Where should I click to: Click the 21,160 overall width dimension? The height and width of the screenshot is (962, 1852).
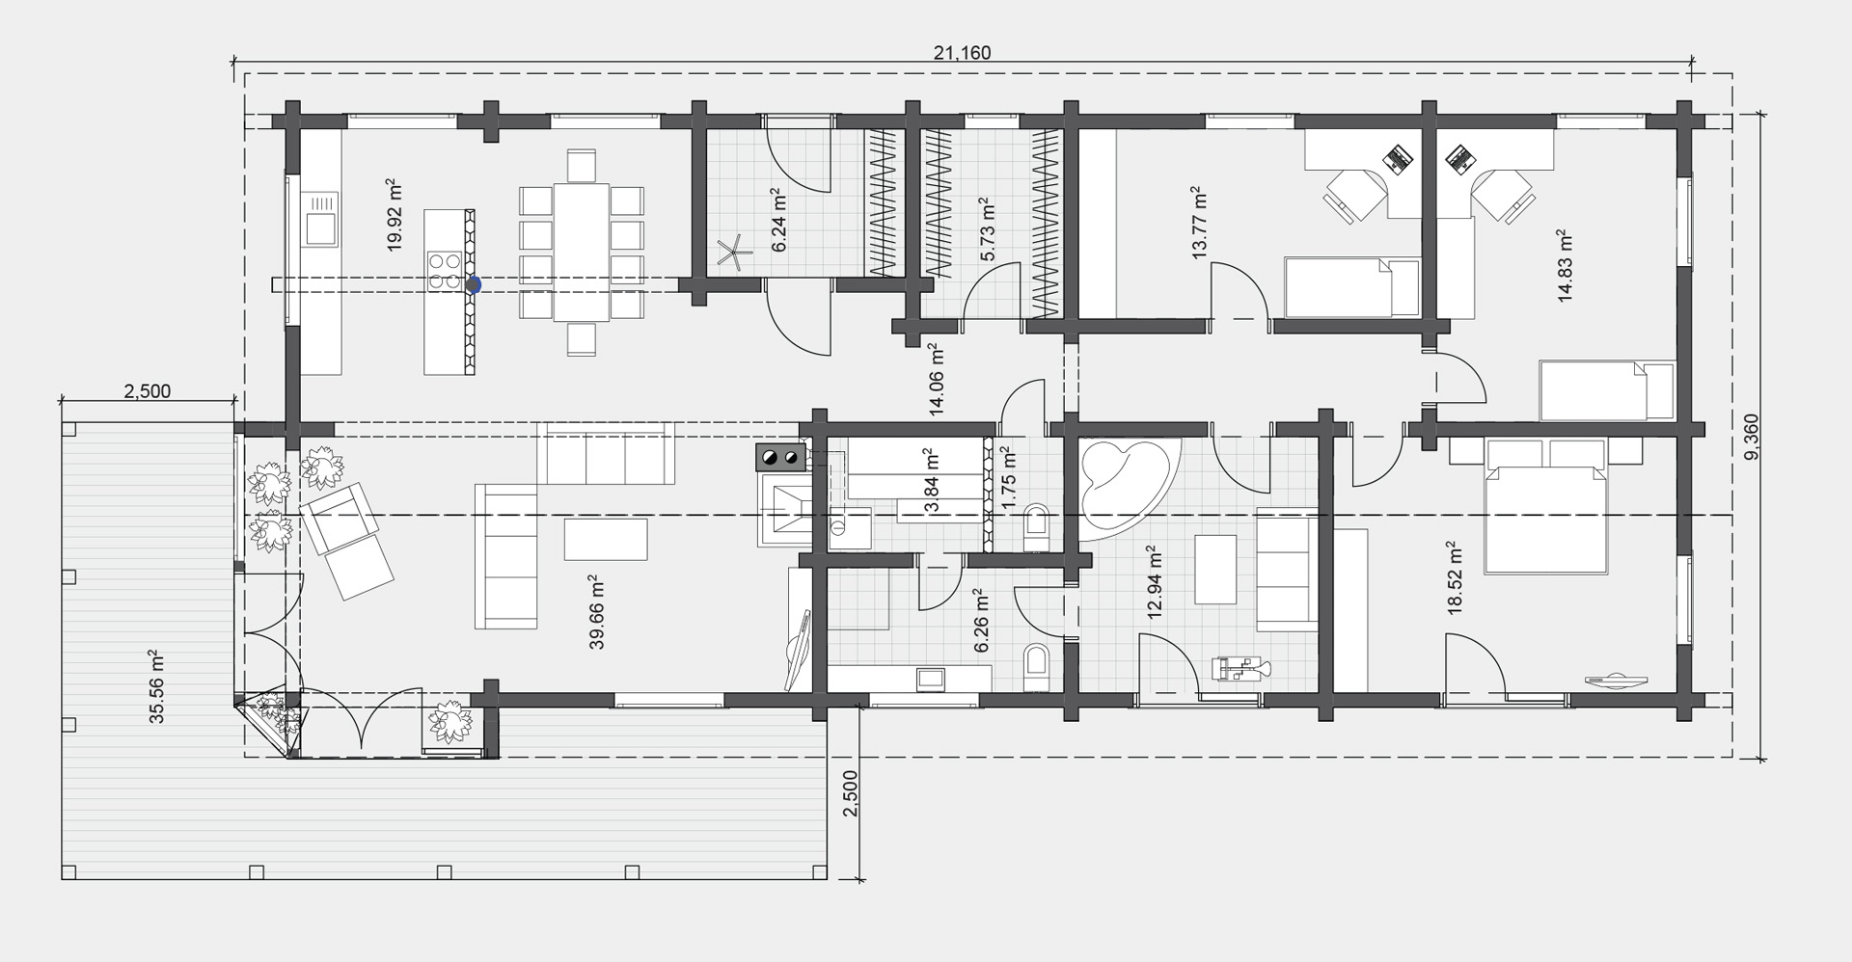click(x=962, y=53)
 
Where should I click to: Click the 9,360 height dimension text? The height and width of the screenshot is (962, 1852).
click(x=1754, y=437)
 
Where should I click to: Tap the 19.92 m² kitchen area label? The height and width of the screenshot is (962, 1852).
click(x=393, y=215)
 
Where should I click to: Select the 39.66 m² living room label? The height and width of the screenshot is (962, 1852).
click(x=597, y=613)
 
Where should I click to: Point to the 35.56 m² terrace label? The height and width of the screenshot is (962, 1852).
click(x=157, y=686)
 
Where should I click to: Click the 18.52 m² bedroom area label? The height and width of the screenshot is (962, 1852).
click(x=1456, y=577)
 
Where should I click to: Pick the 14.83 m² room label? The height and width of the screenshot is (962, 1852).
click(x=1565, y=267)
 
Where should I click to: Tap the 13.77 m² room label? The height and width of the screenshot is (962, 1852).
click(x=1199, y=224)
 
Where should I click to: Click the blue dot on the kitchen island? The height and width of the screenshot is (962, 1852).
click(x=474, y=284)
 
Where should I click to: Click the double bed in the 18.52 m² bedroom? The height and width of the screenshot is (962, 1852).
click(x=1545, y=506)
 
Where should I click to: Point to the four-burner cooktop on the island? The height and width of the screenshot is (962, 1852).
click(x=444, y=270)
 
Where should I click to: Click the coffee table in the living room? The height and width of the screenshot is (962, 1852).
click(x=606, y=539)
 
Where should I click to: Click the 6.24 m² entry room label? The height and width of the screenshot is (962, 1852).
click(x=779, y=221)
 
